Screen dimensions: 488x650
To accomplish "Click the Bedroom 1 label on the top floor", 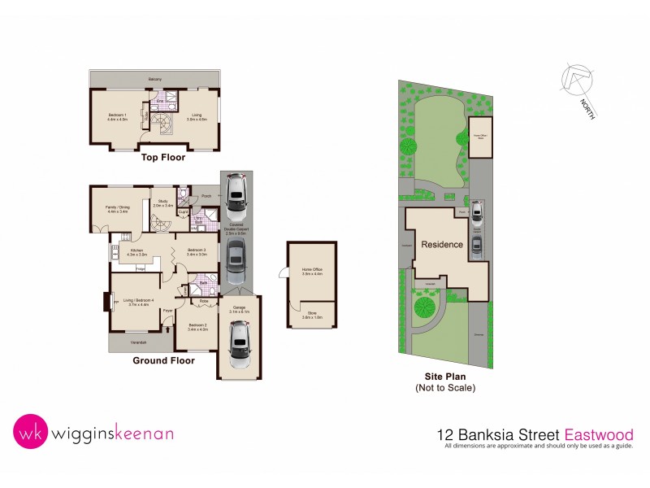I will point(118,117).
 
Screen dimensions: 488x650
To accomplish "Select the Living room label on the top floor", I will point(197,117).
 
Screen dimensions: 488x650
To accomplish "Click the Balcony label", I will point(154,79).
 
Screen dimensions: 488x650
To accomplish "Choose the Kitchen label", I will point(136,252).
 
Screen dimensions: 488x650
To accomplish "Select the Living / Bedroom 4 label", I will point(140,303).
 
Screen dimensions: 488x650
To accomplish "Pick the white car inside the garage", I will point(240,345).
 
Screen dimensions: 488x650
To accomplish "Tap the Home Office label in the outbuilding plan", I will point(312,272).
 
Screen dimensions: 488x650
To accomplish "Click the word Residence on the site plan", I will point(442,244).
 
